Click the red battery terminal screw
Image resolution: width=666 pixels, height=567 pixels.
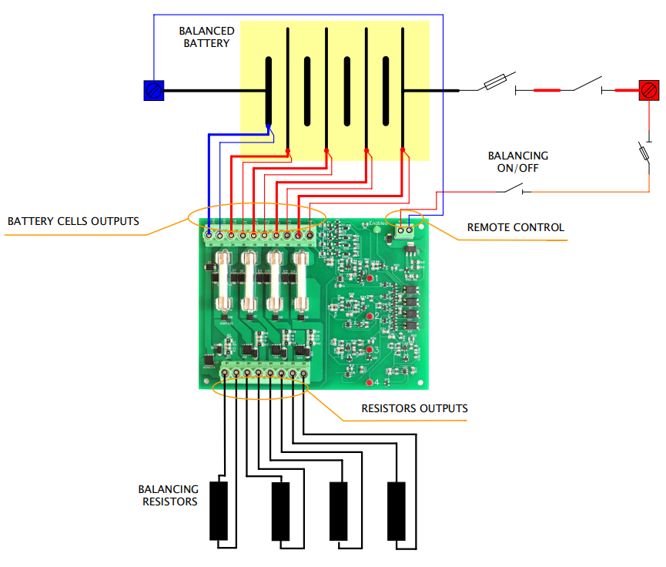point(648,90)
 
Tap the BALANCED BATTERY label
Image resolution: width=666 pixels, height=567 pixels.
point(206,37)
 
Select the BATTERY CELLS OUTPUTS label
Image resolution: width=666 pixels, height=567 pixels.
point(73,221)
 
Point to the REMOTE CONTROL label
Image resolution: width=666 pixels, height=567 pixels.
point(516,227)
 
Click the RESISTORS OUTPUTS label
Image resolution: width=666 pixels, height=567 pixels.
point(414,408)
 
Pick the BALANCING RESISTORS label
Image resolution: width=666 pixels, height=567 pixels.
point(168,495)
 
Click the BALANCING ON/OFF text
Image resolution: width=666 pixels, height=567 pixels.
point(518,162)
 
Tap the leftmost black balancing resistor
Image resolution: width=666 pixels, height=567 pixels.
point(219,511)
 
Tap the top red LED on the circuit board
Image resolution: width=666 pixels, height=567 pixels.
point(369,277)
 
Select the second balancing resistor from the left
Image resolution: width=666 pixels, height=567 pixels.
point(280,511)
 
